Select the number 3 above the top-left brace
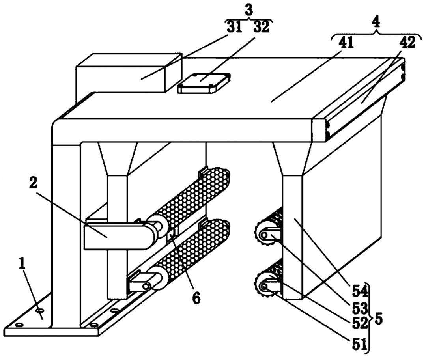(248, 10)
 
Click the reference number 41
(346, 43)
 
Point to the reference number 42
(407, 43)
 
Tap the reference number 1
(22, 263)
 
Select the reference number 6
(196, 298)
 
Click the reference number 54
(360, 291)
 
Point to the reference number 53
(360, 308)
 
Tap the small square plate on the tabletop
(204, 82)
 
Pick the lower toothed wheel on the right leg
(263, 285)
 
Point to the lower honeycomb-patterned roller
(187, 252)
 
